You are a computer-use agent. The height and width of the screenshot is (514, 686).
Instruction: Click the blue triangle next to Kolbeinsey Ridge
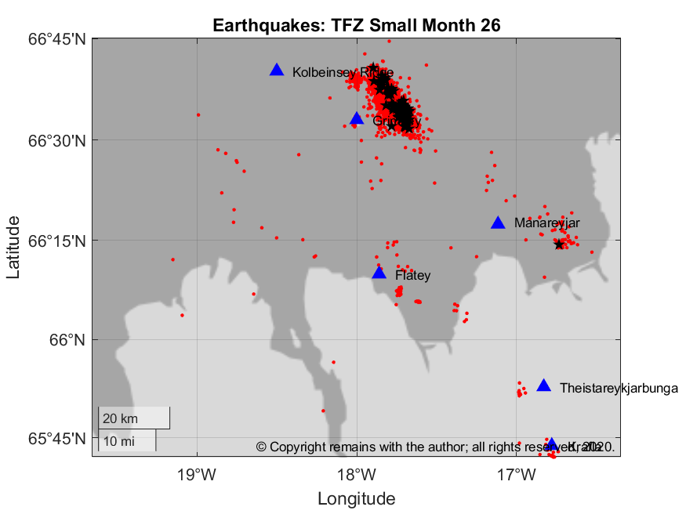tap(277, 70)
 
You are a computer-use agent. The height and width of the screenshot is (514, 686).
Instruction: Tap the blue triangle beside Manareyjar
tap(498, 223)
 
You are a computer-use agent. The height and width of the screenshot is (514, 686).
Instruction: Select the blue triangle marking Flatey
tap(379, 273)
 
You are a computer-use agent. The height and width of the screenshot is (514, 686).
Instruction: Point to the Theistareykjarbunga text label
tap(619, 388)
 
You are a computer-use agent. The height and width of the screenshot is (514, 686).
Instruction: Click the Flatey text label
tap(412, 276)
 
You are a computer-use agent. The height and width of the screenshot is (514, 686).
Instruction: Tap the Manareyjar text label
tap(546, 223)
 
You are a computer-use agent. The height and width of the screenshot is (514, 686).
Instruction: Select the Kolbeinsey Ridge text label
tap(343, 72)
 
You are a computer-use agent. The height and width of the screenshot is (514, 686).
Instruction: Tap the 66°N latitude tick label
tap(67, 340)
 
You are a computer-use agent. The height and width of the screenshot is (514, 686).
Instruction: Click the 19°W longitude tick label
tap(197, 474)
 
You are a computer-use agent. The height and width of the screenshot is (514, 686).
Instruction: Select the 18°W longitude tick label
tap(358, 474)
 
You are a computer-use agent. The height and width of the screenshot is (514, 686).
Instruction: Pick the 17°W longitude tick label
tap(517, 474)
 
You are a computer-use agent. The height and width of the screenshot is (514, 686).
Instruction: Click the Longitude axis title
tap(356, 498)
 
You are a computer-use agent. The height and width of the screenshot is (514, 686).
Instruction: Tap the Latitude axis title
tap(13, 248)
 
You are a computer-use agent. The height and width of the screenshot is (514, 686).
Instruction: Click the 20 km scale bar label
tap(120, 418)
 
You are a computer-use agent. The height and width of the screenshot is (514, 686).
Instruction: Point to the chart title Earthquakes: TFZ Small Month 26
tap(356, 25)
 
